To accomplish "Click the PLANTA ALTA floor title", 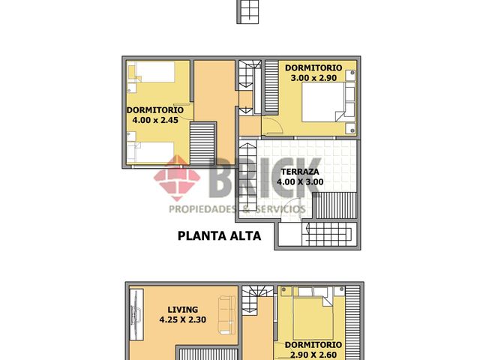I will click(x=219, y=235).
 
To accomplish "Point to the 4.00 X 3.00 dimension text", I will click(x=299, y=181).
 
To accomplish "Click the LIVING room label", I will click(x=182, y=309).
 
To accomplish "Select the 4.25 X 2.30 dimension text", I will click(x=182, y=320).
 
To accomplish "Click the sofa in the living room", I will click(x=226, y=316).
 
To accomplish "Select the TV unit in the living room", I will click(x=135, y=319).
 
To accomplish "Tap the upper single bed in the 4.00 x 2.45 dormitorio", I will click(x=154, y=72).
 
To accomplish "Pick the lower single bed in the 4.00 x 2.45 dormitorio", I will click(x=154, y=154).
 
